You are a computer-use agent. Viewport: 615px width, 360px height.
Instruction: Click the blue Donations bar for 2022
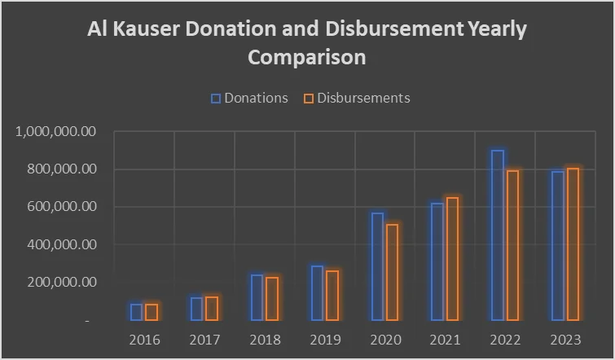[497, 235]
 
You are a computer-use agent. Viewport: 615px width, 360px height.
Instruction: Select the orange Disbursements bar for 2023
[573, 244]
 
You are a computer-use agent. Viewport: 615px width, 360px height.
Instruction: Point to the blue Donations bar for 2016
[136, 312]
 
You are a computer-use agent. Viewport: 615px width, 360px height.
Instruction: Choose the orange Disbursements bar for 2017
[211, 309]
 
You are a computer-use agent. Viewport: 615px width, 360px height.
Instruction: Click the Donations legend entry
[249, 98]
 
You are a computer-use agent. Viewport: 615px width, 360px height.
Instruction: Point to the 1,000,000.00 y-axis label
[56, 132]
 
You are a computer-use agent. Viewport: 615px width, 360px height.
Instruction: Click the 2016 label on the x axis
[144, 339]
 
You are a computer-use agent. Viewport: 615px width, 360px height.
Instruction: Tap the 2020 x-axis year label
[384, 339]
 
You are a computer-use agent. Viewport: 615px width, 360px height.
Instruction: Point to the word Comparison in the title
[307, 58]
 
